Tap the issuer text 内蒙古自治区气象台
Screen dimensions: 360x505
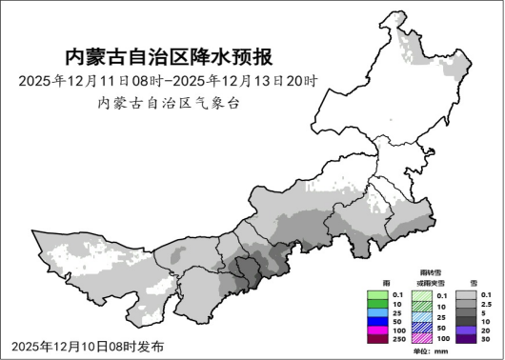tap(169, 103)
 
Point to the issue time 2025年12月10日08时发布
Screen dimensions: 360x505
tap(88, 345)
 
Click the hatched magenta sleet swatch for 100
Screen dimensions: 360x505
tap(422, 339)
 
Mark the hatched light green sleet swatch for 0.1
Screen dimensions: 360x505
tap(422, 294)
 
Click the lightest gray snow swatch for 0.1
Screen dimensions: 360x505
tap(466, 294)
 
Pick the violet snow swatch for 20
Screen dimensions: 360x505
tap(466, 330)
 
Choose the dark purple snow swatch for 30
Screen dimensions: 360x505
tap(466, 339)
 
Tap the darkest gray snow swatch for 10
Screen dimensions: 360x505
tap(466, 321)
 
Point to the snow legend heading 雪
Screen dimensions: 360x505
tap(474, 283)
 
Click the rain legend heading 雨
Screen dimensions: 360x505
tap(385, 283)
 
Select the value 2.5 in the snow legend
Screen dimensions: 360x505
tap(486, 304)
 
